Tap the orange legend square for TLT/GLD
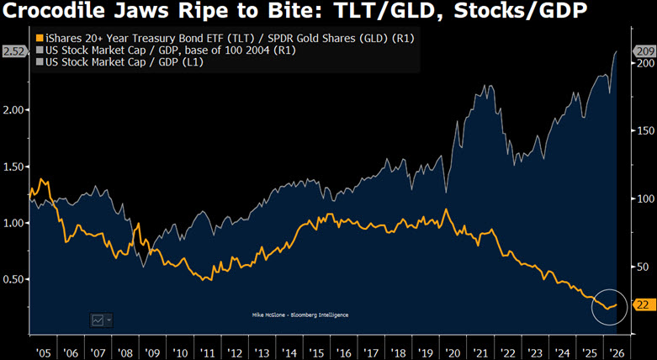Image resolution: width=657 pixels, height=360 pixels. coord(40,39)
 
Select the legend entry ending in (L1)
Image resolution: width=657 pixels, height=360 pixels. coord(120,62)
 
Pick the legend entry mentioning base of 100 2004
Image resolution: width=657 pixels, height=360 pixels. coord(167,50)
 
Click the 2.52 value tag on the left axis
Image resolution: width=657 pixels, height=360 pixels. coord(14,52)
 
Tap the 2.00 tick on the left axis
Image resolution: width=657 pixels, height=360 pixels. coord(13,110)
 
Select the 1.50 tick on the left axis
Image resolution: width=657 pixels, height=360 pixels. coord(13,167)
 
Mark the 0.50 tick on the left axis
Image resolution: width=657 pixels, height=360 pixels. coord(13,279)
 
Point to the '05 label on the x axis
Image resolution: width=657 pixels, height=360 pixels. coord(43,352)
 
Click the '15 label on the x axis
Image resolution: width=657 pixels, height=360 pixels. coord(317,352)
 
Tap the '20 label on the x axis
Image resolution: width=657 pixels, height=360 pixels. coord(453,352)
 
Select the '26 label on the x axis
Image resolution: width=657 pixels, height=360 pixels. coord(617,352)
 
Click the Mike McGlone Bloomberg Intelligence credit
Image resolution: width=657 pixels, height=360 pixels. coord(300,315)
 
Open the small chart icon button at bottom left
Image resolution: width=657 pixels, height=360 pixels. coord(102,320)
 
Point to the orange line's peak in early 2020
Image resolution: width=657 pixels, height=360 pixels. coord(446,209)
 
